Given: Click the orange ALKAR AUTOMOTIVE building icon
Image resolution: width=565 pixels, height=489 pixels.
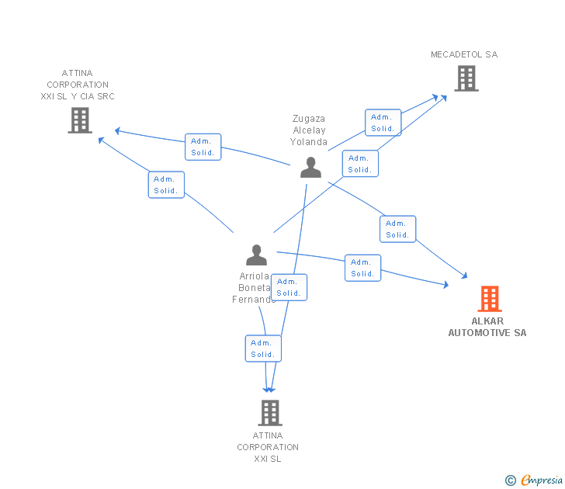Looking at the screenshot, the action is click(490, 299).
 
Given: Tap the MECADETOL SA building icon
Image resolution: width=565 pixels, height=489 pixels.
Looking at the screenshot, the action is click(466, 78).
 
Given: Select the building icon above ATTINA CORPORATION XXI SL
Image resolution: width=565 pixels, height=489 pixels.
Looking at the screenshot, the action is click(270, 413).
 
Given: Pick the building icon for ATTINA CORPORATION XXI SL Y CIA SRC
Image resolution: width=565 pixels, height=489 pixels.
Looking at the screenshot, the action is click(80, 120).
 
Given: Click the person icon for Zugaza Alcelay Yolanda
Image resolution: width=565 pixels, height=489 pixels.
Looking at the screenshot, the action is click(310, 168).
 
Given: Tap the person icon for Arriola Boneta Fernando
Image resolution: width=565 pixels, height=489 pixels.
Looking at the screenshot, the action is click(257, 255).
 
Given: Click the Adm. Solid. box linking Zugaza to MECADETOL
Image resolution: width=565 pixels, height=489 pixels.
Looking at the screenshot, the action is click(383, 123).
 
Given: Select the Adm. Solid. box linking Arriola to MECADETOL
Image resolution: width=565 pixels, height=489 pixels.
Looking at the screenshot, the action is click(360, 164).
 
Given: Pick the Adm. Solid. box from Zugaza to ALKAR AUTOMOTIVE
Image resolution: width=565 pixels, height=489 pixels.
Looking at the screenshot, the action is click(398, 229).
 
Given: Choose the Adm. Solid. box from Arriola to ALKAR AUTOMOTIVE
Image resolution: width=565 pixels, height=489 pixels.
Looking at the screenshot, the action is click(363, 268).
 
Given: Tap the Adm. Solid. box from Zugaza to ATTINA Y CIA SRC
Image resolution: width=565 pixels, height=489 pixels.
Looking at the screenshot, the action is click(203, 147).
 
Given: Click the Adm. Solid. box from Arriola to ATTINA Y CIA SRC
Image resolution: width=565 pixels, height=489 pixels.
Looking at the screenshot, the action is click(166, 185).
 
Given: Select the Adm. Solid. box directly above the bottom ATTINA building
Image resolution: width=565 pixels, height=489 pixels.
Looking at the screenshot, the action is click(263, 349).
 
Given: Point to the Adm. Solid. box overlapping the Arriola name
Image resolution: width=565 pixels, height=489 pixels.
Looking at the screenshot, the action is click(289, 287).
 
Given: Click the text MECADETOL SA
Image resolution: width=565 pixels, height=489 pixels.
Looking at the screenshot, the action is click(464, 54).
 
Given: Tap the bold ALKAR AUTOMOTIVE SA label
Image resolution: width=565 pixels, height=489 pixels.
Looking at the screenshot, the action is click(487, 327).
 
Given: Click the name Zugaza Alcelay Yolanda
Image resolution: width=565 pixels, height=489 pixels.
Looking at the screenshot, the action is click(309, 130).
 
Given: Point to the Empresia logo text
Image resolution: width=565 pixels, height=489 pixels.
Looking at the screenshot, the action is click(542, 480).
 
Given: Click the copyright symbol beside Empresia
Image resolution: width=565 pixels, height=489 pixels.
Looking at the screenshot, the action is click(510, 480).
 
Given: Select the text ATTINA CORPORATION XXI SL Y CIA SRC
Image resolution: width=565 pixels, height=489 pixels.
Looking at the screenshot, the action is click(78, 85).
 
